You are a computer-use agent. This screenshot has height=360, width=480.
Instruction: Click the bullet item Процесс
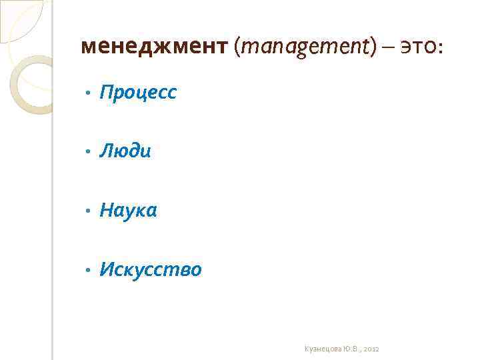pyautogui.click(x=138, y=93)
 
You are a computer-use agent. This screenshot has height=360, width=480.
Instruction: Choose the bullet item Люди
pyautogui.click(x=125, y=152)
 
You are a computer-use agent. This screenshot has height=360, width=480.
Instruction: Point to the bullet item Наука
pyautogui.click(x=128, y=211)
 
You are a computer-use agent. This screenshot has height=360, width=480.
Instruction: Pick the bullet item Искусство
pyautogui.click(x=150, y=270)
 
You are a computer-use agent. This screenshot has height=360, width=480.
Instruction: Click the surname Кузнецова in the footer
pyautogui.click(x=322, y=348)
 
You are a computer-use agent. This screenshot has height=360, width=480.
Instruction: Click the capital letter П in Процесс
pyautogui.click(x=106, y=93)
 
